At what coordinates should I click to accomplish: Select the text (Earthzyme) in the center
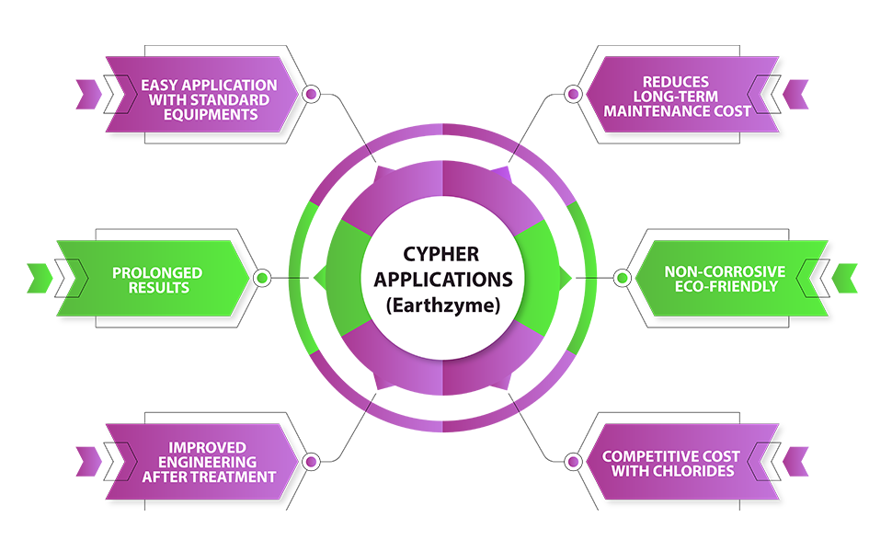(x=445, y=305)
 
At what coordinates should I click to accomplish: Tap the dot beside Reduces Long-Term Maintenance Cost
(x=573, y=94)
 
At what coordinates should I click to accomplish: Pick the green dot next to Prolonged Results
(x=262, y=278)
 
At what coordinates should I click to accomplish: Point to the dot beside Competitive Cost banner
(x=573, y=461)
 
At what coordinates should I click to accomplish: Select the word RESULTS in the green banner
(x=157, y=288)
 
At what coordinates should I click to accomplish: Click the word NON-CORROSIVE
(x=726, y=272)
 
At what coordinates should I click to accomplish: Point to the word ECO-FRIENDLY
(x=726, y=287)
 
